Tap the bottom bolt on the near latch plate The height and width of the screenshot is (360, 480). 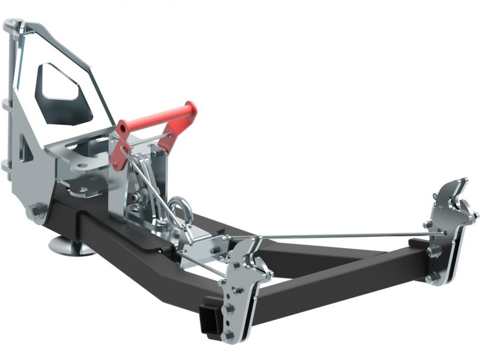229,335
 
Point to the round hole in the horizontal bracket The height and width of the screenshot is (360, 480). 83,166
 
